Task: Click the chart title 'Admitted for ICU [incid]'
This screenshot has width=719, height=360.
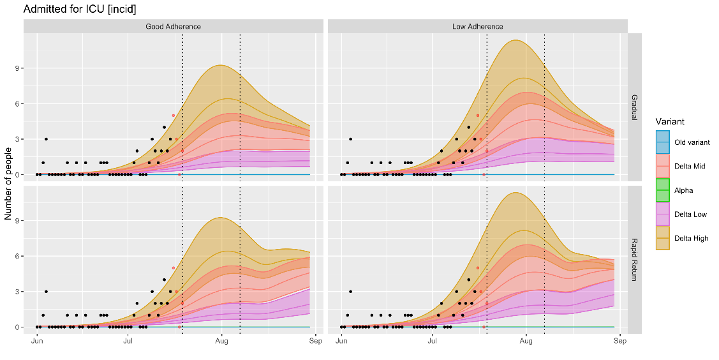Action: (x=80, y=10)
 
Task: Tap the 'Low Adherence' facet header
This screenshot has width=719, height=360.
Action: (x=477, y=26)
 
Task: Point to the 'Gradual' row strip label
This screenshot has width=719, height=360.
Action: (x=635, y=107)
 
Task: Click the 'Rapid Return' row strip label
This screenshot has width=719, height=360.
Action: (x=635, y=260)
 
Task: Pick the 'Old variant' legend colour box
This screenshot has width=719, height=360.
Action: (x=663, y=142)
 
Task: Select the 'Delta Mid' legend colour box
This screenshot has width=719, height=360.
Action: (x=663, y=166)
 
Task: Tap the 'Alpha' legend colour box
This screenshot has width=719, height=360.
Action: (x=663, y=190)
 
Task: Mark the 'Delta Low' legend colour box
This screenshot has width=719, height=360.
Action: (x=663, y=214)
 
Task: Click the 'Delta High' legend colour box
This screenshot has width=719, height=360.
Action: (x=663, y=238)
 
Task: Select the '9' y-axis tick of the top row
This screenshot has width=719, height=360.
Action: (x=17, y=68)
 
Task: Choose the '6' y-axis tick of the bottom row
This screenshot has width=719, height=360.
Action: (x=17, y=257)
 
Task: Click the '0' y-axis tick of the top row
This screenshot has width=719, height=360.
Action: (x=17, y=175)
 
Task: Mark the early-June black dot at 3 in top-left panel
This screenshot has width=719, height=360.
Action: (x=46, y=139)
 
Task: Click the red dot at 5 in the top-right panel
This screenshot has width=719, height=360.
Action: (x=477, y=116)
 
